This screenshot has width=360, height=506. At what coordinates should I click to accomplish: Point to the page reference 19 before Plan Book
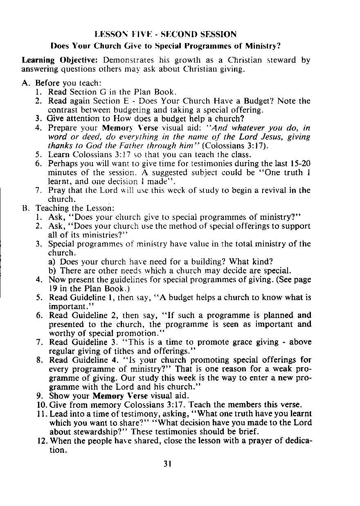(53, 288)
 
